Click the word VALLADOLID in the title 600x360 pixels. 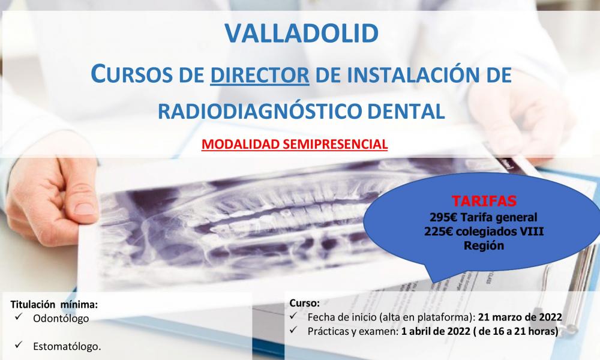click(x=300, y=34)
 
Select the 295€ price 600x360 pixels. click(x=442, y=217)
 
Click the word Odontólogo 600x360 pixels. click(x=62, y=319)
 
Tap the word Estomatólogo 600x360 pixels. click(x=67, y=346)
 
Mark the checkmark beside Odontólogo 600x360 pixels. click(x=19, y=318)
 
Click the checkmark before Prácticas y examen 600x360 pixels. click(x=293, y=331)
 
